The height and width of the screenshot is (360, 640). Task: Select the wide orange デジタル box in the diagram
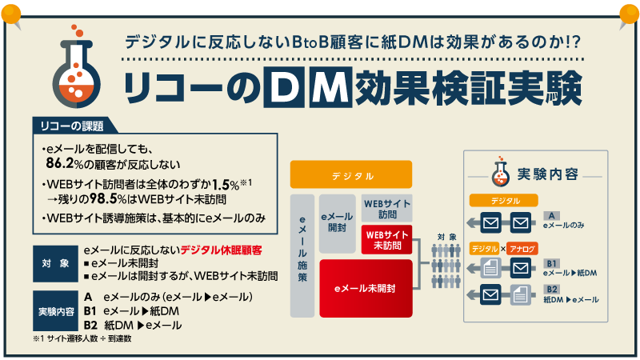click(351, 175)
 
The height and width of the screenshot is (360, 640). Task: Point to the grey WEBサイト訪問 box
click(387, 208)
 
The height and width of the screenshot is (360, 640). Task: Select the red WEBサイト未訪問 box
click(387, 238)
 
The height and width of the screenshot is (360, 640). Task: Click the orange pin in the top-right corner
click(626, 12)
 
